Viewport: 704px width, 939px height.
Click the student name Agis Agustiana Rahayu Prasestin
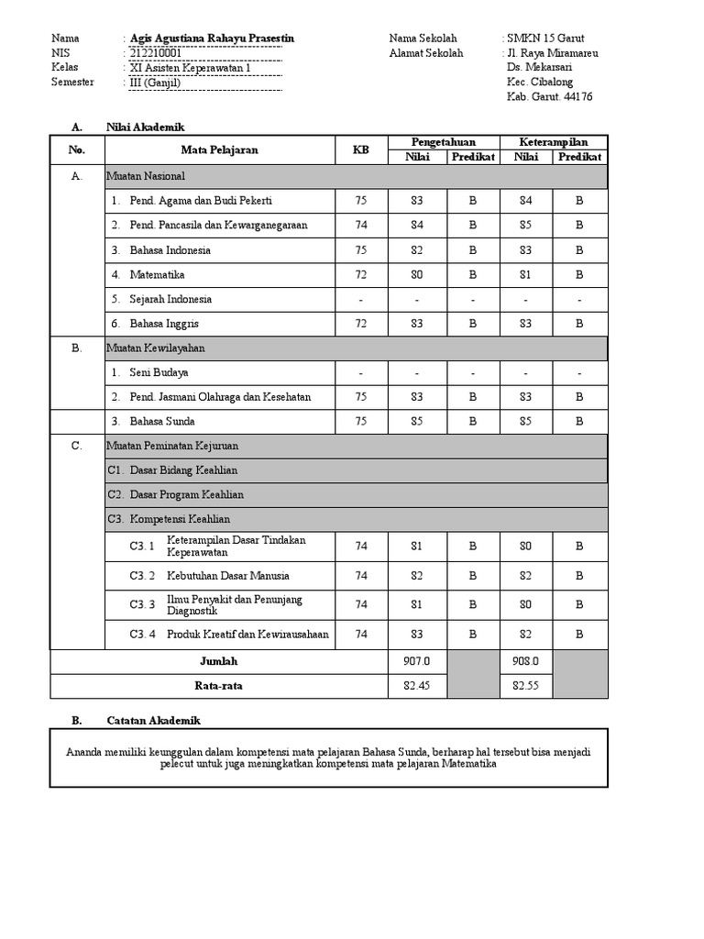tap(213, 39)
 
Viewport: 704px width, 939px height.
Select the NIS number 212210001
tap(156, 53)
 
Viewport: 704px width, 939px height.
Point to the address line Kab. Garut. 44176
tap(549, 96)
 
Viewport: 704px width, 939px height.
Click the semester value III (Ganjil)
tap(156, 83)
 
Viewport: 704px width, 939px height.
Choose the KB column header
tap(360, 149)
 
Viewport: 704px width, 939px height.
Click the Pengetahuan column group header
tap(444, 142)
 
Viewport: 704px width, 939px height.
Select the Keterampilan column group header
tap(553, 142)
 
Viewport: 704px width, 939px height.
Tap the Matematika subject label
tap(157, 274)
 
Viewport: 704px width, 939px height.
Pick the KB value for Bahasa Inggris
tap(360, 324)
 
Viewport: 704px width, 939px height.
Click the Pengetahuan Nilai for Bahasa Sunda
tap(417, 422)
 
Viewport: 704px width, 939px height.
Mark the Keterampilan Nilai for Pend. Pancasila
tap(525, 225)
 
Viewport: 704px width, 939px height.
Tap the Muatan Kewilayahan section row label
tap(156, 348)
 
